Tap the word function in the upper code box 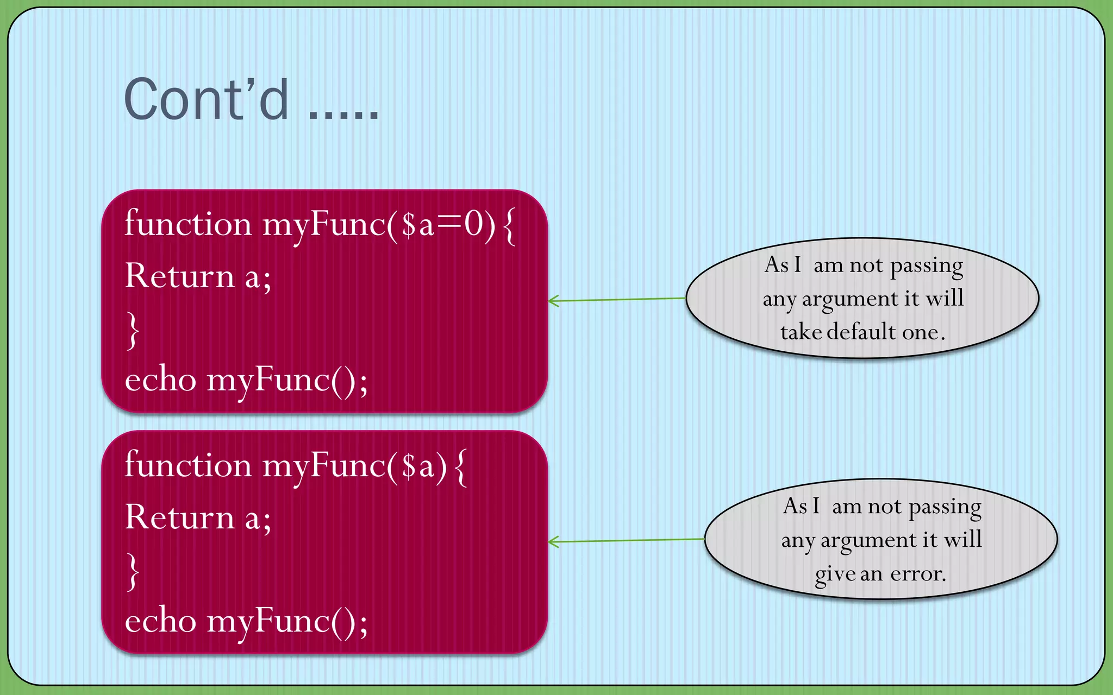tap(188, 224)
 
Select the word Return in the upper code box tap(179, 276)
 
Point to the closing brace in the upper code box tap(133, 330)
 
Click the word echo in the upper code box tap(160, 380)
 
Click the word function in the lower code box tap(188, 465)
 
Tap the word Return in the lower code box tap(179, 517)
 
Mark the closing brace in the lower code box tap(133, 571)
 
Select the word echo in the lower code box tap(160, 621)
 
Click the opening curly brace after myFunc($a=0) tap(509, 226)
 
